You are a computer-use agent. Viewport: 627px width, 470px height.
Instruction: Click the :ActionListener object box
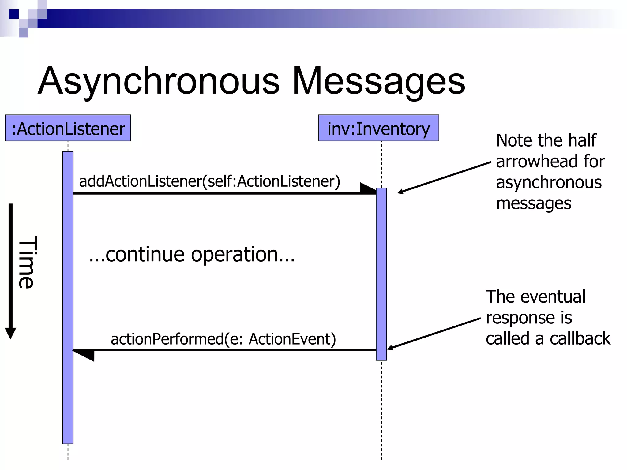coord(68,128)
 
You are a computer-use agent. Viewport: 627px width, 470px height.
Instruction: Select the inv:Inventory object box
coord(378,128)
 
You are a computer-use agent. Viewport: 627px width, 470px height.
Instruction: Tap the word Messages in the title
coord(378,81)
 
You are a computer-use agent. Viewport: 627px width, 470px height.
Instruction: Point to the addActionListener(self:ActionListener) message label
coord(209,181)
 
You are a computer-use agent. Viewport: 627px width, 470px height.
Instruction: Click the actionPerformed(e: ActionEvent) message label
coord(223,339)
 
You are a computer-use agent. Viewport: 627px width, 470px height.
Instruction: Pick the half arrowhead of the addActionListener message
coord(367,188)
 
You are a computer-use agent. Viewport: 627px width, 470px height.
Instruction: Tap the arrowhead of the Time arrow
coord(10,333)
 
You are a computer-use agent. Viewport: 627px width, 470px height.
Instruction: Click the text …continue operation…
coord(192,254)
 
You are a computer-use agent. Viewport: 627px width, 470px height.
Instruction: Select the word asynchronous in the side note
coord(549,182)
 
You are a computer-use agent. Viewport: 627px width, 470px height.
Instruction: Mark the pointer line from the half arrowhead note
coord(444,177)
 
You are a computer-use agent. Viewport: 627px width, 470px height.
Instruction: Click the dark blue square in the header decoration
coord(14,14)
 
